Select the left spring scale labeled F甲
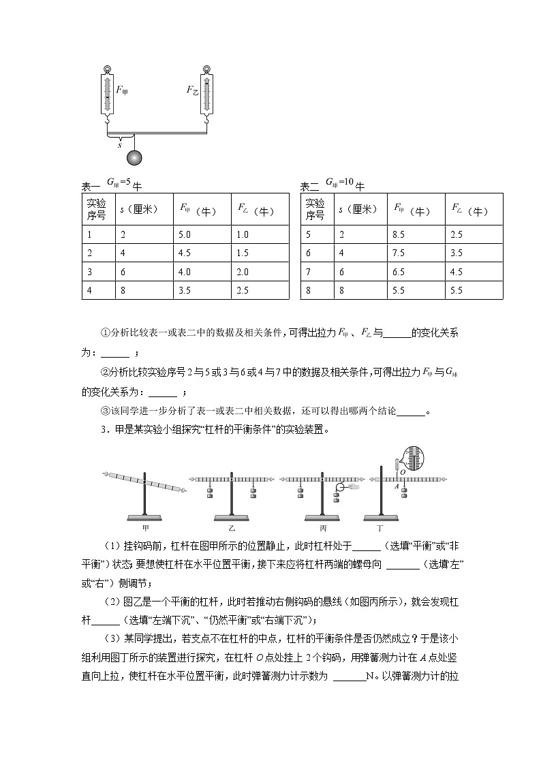pyautogui.click(x=107, y=93)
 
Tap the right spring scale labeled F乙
pyautogui.click(x=207, y=93)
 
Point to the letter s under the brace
pyautogui.click(x=119, y=144)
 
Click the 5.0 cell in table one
pyautogui.click(x=186, y=234)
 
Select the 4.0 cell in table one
pyautogui.click(x=186, y=271)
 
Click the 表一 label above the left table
pyautogui.click(x=91, y=187)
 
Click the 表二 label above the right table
pyautogui.click(x=309, y=187)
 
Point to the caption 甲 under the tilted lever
pyautogui.click(x=145, y=527)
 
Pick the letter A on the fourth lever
pyautogui.click(x=396, y=488)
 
